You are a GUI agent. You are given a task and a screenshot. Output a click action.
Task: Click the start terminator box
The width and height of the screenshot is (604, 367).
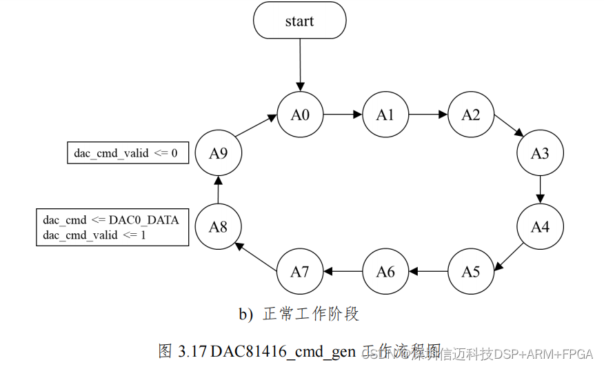pos(299,21)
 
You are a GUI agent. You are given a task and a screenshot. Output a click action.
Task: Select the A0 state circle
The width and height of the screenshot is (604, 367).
pos(300,115)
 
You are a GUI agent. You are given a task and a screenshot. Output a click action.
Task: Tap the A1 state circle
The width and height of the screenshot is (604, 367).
pos(385,115)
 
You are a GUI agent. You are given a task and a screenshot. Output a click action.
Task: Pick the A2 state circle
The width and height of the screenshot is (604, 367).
pos(471,115)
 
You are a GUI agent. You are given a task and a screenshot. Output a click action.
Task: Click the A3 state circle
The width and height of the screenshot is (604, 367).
pos(540,153)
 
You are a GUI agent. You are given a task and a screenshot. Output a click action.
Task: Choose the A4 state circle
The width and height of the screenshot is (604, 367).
pos(540,226)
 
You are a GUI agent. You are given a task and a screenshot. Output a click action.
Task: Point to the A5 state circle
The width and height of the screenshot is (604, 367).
pos(471,271)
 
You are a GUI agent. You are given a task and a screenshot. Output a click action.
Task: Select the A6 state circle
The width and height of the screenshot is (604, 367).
pos(385,271)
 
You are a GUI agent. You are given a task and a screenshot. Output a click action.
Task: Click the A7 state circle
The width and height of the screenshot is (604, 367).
pos(300,271)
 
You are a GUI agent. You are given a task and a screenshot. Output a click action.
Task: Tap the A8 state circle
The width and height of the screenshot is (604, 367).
pos(218,226)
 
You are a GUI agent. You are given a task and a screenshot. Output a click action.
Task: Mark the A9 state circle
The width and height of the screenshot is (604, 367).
pos(218,153)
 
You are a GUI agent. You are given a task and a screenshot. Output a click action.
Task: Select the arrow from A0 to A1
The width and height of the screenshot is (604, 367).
pos(343,115)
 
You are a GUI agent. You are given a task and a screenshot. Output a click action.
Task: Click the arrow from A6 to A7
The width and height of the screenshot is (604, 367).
pos(343,271)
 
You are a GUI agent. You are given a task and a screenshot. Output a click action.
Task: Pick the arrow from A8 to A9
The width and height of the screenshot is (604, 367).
pos(218,190)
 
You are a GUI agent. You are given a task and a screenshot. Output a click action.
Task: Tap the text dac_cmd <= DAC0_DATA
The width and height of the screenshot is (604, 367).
pos(111,220)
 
